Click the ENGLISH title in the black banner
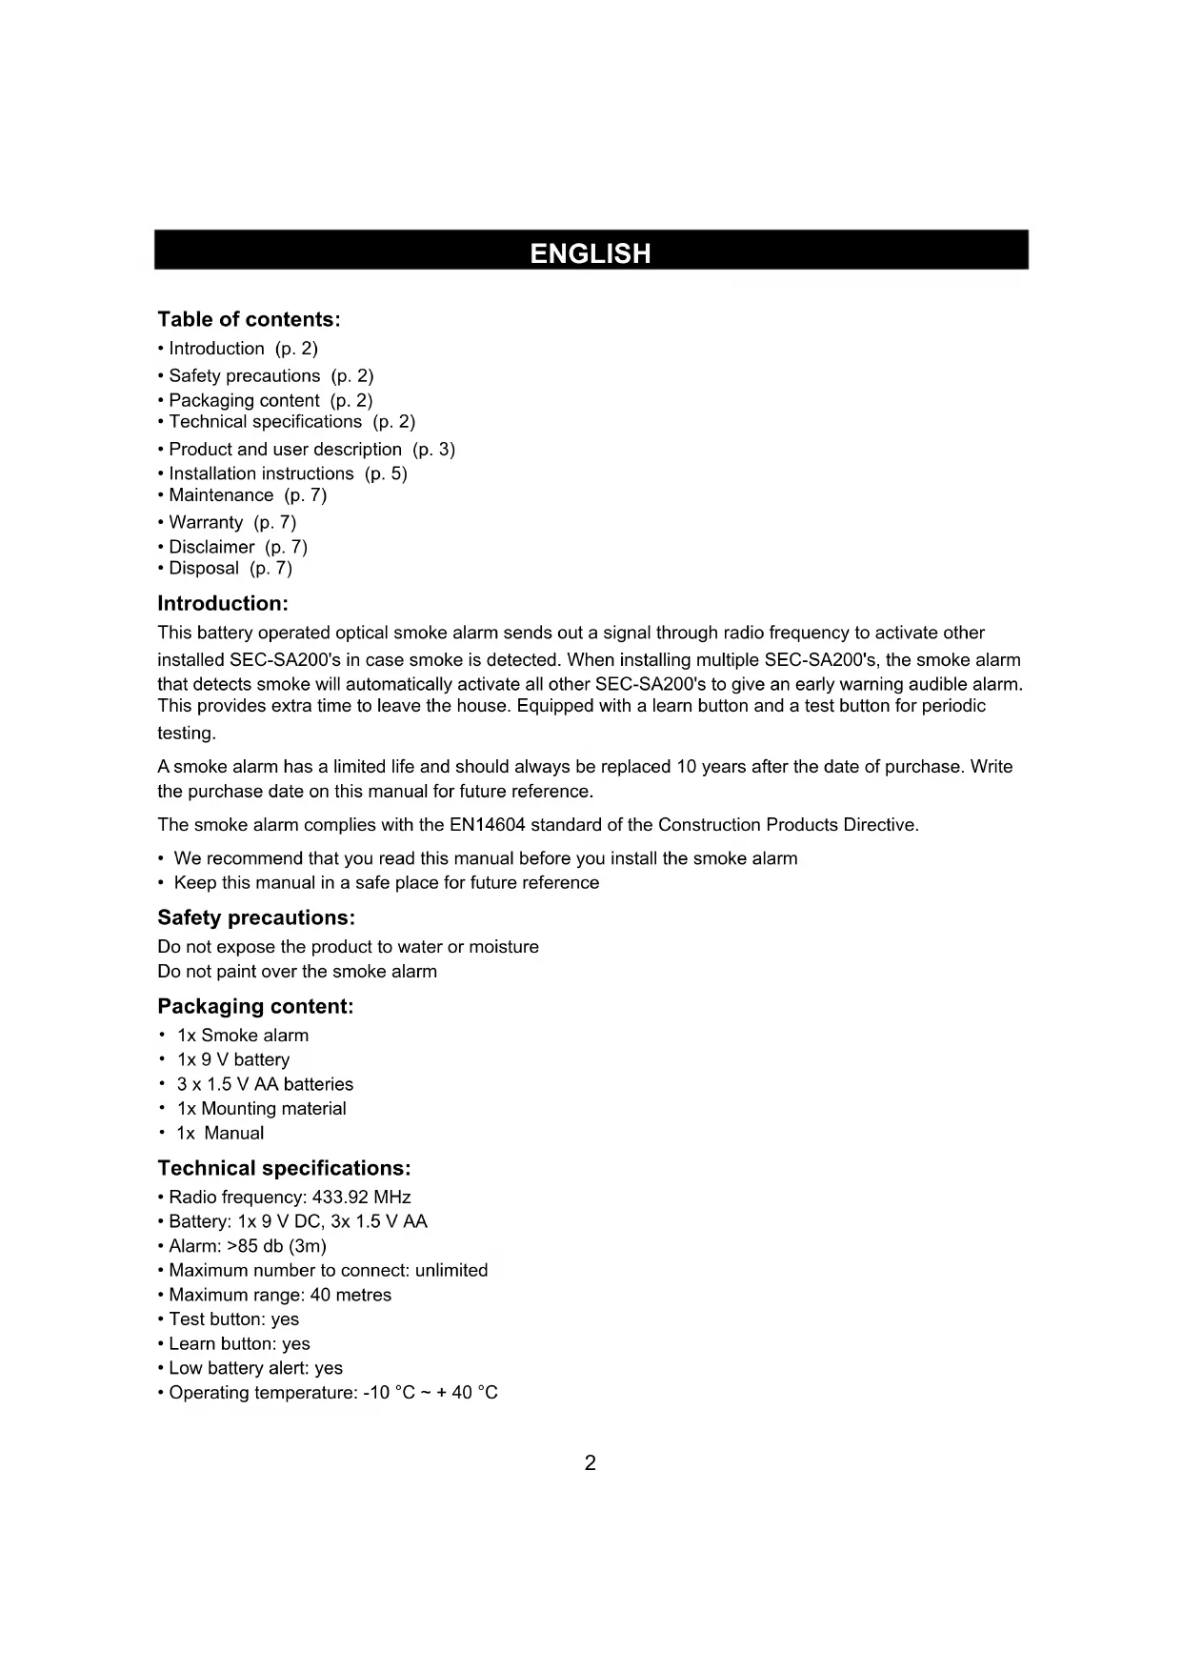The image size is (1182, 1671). click(591, 253)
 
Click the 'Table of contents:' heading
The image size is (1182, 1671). click(249, 319)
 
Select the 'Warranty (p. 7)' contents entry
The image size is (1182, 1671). click(231, 522)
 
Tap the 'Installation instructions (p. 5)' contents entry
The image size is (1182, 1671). click(287, 473)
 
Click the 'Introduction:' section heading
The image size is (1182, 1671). click(222, 603)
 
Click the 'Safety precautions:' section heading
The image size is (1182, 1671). click(255, 917)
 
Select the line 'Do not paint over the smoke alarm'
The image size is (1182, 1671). click(297, 972)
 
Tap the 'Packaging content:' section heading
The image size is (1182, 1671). click(255, 1006)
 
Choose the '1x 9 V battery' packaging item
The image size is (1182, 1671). click(232, 1059)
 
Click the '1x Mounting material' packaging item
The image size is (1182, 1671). click(261, 1108)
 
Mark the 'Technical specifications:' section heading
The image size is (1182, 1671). click(284, 1168)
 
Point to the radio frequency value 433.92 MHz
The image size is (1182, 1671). click(361, 1197)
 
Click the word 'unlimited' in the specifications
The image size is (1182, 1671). click(451, 1270)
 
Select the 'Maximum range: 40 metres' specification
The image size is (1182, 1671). click(279, 1295)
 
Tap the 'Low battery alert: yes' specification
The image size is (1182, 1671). click(254, 1368)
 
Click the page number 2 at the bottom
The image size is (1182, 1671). click(591, 1463)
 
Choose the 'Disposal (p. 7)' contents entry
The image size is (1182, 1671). click(230, 568)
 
